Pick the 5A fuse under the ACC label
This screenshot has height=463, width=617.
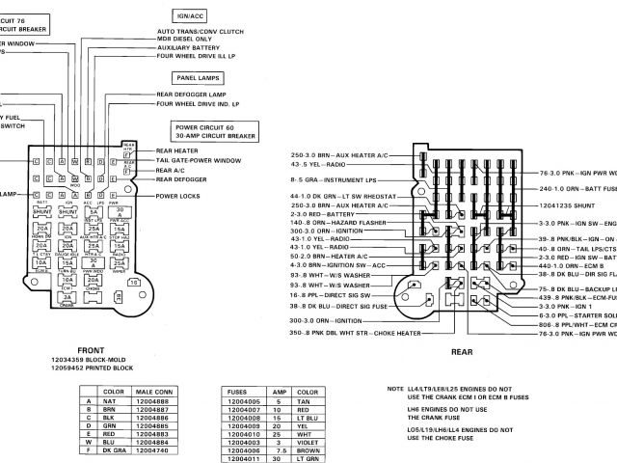[x=93, y=214]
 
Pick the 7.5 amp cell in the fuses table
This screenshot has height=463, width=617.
[x=278, y=449]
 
